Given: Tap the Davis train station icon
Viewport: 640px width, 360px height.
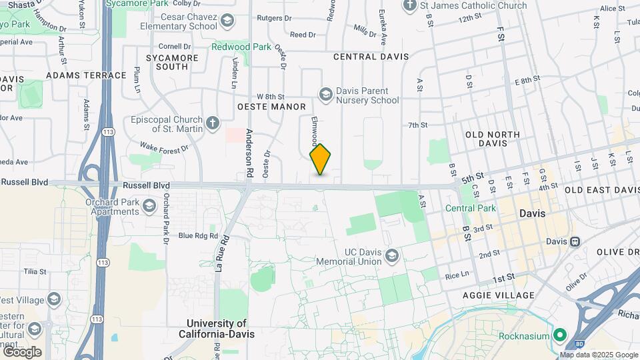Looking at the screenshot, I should (x=574, y=241).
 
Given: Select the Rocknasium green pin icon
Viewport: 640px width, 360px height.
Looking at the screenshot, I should (x=559, y=335).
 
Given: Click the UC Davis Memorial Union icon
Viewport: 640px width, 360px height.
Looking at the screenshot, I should (x=392, y=256).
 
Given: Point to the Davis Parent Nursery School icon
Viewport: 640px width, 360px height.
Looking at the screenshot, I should (x=325, y=94).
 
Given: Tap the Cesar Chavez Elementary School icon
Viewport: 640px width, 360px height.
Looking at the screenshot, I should (x=228, y=21).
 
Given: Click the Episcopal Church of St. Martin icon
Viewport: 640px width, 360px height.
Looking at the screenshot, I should (x=212, y=123).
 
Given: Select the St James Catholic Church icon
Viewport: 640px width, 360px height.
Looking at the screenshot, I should (x=409, y=6).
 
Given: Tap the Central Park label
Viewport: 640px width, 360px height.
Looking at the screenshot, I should (x=471, y=208).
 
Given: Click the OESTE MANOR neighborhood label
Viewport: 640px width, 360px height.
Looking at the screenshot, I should (x=271, y=107).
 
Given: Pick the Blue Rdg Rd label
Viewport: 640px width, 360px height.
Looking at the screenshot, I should (x=198, y=235).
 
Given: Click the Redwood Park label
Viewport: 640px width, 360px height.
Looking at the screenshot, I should (x=241, y=47).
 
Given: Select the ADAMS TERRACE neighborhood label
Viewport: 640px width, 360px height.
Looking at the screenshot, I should (x=86, y=75).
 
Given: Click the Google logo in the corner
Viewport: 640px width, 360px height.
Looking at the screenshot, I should (x=22, y=351).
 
